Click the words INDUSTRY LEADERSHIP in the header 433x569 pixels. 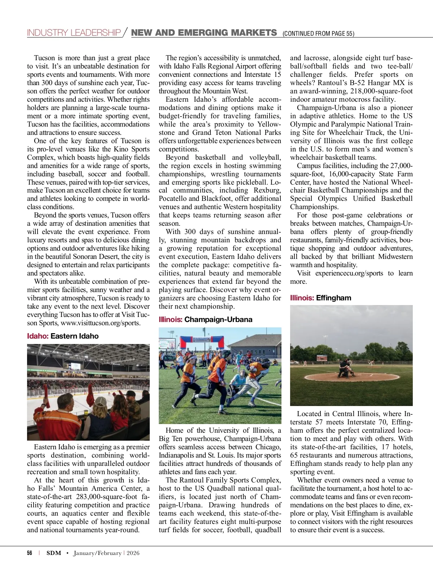[74, 33]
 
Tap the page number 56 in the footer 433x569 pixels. [30, 553]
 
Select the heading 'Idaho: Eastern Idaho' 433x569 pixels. [63, 336]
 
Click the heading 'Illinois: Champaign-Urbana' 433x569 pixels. [205, 319]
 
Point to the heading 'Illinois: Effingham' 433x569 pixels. [320, 298]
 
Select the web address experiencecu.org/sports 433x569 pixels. [349, 273]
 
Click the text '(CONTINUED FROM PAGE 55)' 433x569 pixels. [318, 34]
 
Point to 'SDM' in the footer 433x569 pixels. [54, 553]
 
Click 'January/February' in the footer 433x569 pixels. [97, 553]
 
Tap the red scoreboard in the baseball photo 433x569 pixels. [322, 358]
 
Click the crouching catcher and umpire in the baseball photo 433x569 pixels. [345, 368]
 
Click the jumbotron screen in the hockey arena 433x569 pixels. [75, 366]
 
